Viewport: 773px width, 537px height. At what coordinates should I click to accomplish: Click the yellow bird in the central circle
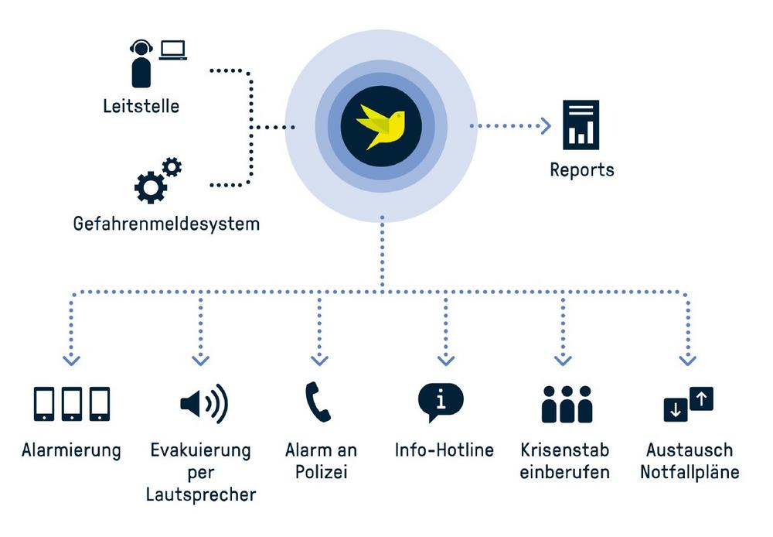pyautogui.click(x=381, y=127)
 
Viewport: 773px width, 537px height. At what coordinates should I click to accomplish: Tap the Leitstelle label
pyautogui.click(x=141, y=106)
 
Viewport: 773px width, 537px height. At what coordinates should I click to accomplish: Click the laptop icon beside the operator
pyautogui.click(x=173, y=50)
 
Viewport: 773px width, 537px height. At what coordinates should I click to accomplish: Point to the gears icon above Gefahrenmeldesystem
pyautogui.click(x=157, y=180)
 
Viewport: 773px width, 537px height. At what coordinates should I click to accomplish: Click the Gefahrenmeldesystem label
pyautogui.click(x=166, y=224)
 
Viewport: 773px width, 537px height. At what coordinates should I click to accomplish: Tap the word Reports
pyautogui.click(x=582, y=169)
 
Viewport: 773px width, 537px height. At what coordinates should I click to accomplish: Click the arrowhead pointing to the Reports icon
pyautogui.click(x=546, y=125)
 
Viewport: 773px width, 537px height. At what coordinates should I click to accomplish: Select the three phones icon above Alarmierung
pyautogui.click(x=72, y=404)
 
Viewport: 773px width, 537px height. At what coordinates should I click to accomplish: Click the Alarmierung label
pyautogui.click(x=71, y=450)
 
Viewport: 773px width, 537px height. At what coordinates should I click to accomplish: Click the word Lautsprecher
pyautogui.click(x=201, y=494)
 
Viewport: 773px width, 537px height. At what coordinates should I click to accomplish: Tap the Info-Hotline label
pyautogui.click(x=444, y=450)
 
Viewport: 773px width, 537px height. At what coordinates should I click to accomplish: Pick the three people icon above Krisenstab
pyautogui.click(x=566, y=404)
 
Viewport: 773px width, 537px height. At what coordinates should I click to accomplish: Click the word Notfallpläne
pyautogui.click(x=690, y=472)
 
